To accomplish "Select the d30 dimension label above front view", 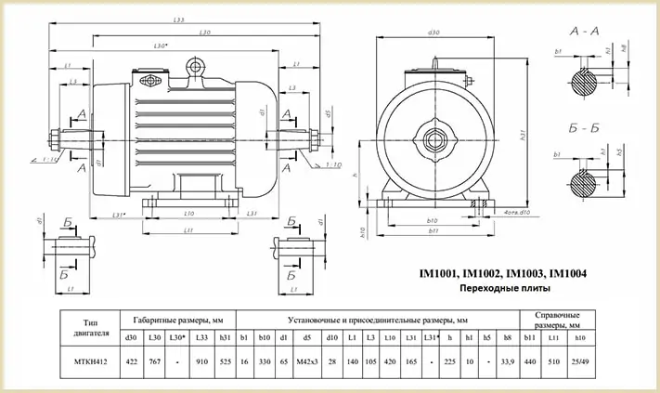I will [x=433, y=33].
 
